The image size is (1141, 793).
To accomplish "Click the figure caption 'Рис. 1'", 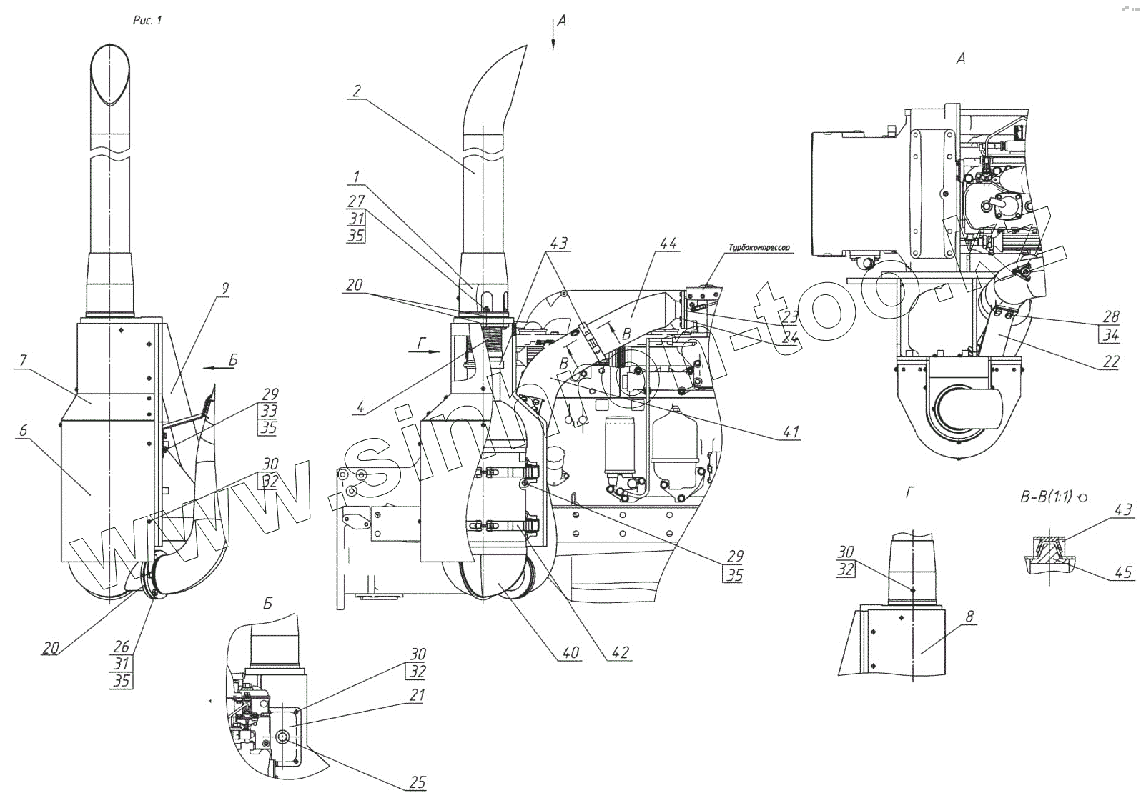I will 148,21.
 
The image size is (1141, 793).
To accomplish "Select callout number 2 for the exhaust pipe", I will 357,91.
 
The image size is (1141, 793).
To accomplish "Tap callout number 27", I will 356,201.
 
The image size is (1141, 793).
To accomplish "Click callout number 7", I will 23,360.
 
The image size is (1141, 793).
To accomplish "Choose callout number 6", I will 23,430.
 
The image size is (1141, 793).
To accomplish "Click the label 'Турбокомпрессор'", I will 759,248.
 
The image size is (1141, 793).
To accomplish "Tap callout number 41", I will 790,432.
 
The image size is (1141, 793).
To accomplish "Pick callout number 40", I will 569,652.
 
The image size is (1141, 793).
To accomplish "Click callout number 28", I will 1111,316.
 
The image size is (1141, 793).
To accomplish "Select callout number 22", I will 1110,362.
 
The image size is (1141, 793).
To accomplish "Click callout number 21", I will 418,695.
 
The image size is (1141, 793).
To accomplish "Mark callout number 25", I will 418,783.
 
